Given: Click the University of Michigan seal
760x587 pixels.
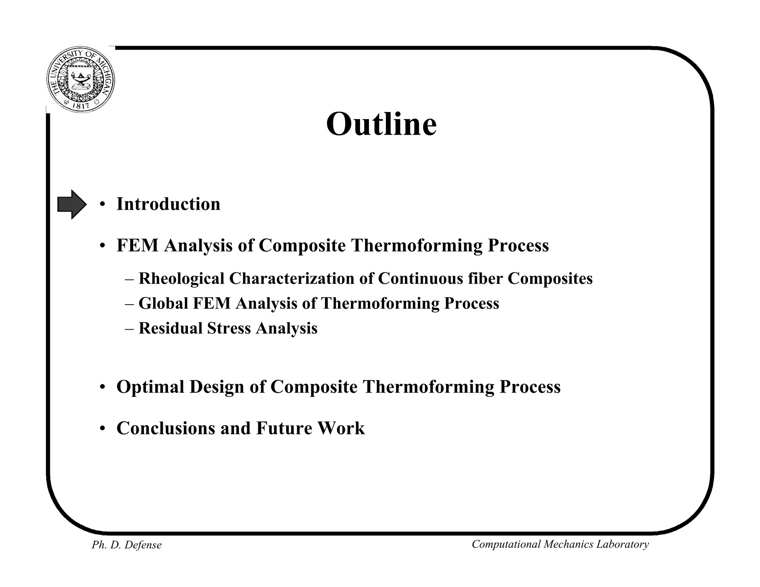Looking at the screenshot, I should [81, 80].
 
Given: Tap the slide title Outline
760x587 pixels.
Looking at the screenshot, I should [381, 124].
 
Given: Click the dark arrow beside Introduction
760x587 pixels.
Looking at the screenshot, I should [72, 204].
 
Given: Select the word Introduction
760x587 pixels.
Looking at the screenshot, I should [168, 204].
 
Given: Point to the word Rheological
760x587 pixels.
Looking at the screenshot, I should [181, 279].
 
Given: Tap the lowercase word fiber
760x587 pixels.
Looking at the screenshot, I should [485, 279].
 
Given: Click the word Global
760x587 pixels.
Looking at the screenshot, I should [163, 304].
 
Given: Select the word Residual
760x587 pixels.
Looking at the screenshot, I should [170, 328].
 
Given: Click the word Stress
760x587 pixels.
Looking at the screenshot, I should [229, 328].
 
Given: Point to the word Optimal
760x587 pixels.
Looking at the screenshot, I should [150, 387].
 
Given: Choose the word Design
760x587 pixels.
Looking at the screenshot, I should [217, 387].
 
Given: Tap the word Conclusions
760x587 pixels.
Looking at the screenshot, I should [166, 428].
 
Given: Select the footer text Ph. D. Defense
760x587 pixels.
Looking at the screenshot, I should [127, 545].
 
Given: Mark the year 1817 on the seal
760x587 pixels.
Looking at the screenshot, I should [80, 106].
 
